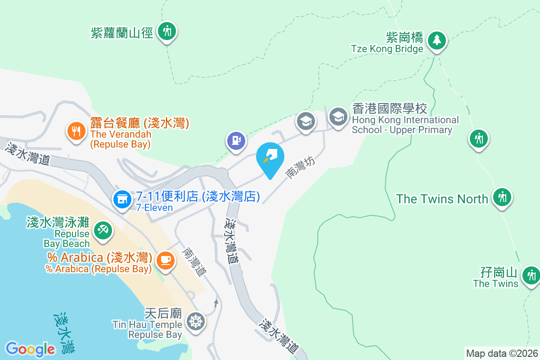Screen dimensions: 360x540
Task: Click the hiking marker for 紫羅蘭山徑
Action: coord(167,31)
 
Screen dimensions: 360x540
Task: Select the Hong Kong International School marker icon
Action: coord(337,117)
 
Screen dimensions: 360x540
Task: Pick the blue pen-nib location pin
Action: coord(270,157)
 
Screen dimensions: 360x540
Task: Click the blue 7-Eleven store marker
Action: coord(122,198)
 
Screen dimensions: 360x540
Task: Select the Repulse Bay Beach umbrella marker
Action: coord(103,231)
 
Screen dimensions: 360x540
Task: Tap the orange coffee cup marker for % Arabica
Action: coord(165,260)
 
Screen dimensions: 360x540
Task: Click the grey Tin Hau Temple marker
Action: coord(195,322)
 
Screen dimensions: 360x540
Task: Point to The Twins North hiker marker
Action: coord(502,197)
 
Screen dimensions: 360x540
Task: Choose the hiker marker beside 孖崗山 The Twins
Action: coord(531,274)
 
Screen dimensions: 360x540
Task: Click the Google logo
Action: coord(30,349)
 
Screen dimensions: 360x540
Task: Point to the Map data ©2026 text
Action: coord(502,353)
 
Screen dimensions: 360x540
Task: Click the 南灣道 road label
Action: coord(194,261)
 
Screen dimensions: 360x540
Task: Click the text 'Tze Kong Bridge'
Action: coord(387,49)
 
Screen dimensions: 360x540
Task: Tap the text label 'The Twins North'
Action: coord(442,199)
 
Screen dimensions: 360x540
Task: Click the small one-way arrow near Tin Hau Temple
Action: coord(216,302)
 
